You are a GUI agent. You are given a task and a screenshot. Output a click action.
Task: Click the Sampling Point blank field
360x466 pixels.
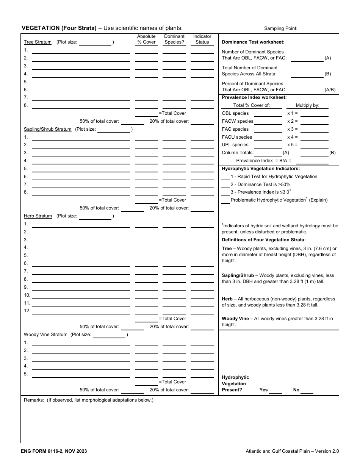coord(316,29)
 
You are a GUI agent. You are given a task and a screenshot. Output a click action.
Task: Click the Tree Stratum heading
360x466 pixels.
coord(38,42)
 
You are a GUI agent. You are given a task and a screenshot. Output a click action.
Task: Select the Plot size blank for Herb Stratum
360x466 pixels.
coord(95,216)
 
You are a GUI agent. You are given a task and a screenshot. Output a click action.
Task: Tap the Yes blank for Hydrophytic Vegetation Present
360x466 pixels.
coord(275,390)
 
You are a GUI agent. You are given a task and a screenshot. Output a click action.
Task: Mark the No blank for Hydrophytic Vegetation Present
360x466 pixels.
coord(307,390)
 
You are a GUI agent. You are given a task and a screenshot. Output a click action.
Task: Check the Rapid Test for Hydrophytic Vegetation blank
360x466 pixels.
coord(225,177)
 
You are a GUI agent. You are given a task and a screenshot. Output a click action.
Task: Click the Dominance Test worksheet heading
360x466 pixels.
coord(253,42)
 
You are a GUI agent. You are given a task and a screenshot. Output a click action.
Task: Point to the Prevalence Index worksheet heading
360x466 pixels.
coord(254,97)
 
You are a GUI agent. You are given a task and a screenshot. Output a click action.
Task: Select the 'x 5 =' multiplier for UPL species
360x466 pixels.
coord(293,145)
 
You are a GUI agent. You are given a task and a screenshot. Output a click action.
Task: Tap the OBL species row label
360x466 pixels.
coord(235,113)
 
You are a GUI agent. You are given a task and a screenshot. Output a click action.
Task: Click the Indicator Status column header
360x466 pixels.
coord(202,39)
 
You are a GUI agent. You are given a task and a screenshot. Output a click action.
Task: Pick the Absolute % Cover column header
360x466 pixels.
coord(146,39)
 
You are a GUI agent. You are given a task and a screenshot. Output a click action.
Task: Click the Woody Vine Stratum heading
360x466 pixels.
coord(45,335)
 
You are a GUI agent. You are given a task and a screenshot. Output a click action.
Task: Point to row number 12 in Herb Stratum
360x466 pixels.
coord(27,311)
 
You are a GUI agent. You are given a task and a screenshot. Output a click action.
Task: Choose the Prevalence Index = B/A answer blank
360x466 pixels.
coord(312,161)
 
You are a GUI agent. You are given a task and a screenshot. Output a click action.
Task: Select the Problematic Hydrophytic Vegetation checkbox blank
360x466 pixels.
coord(225,200)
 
